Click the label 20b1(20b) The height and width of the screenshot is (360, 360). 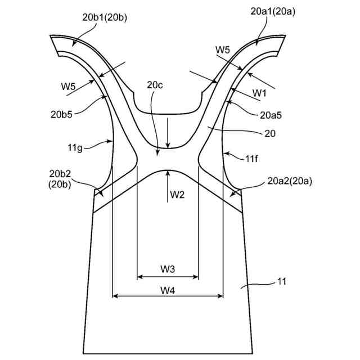[x=105, y=17]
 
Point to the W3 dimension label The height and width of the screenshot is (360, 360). [x=168, y=269]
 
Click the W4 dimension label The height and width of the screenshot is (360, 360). [x=168, y=290]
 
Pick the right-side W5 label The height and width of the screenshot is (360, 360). [x=223, y=49]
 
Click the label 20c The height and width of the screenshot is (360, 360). [x=155, y=85]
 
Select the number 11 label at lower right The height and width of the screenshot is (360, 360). [x=281, y=281]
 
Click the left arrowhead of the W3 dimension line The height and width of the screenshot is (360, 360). [x=139, y=277]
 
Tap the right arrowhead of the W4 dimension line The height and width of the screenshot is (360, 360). [x=222, y=295]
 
